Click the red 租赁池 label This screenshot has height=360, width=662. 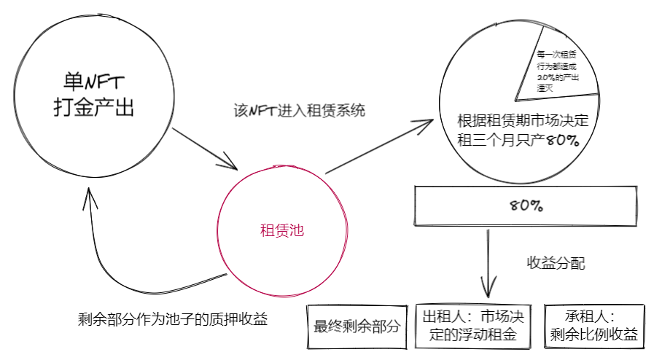pyautogui.click(x=281, y=230)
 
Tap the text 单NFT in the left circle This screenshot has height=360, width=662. pyautogui.click(x=94, y=82)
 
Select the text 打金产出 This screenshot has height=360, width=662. pyautogui.click(x=94, y=107)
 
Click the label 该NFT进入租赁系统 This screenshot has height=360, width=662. pyautogui.click(x=300, y=111)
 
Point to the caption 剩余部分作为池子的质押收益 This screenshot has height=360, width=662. pyautogui.click(x=173, y=319)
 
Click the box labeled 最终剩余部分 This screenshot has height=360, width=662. pyautogui.click(x=357, y=326)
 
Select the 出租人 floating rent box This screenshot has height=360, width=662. pyautogui.click(x=473, y=326)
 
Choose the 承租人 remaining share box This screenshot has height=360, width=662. pyautogui.click(x=594, y=326)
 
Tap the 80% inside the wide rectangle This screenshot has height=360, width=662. pyautogui.click(x=526, y=206)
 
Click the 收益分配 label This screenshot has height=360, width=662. pyautogui.click(x=556, y=263)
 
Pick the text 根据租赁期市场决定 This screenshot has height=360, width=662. pyautogui.click(x=523, y=121)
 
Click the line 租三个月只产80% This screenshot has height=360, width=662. pyautogui.click(x=518, y=140)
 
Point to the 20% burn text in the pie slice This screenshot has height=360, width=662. pyautogui.click(x=557, y=78)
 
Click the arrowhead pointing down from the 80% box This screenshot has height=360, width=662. pyautogui.click(x=488, y=291)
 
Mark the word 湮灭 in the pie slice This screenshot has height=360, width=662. pyautogui.click(x=545, y=88)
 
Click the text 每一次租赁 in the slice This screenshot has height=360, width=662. pyautogui.click(x=556, y=55)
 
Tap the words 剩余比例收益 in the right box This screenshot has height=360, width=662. pyautogui.click(x=594, y=334)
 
